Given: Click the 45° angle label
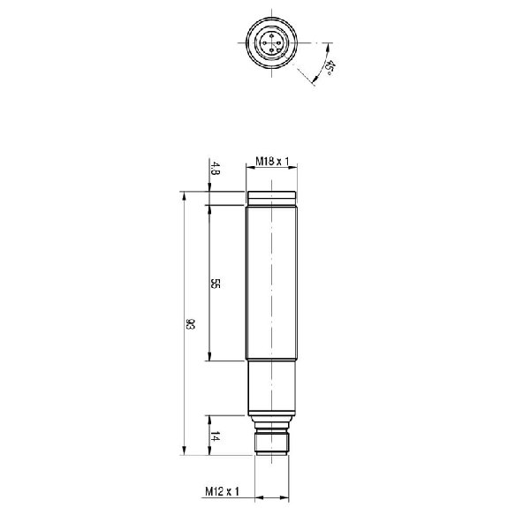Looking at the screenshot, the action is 330,68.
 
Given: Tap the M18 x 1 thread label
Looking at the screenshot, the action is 272,161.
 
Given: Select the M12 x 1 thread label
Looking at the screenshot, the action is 222,491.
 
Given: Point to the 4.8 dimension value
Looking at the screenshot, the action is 215,168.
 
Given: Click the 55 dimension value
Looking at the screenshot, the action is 215,284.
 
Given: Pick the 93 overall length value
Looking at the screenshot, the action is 190,324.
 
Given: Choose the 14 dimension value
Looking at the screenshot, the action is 215,437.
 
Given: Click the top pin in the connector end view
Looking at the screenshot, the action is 271,35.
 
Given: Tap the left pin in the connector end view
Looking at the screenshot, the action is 264,42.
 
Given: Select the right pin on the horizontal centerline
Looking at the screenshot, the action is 279,42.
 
